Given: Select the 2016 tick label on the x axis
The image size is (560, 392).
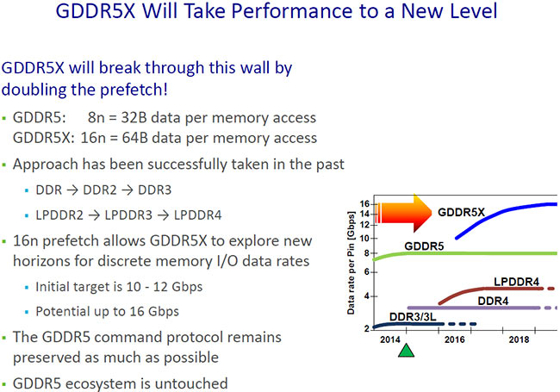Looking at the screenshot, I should coord(456,340).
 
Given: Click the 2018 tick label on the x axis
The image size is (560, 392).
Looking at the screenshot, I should coord(519,340).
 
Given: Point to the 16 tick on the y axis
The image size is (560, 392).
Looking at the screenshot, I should coord(364,204).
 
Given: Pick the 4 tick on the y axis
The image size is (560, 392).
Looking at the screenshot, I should coord(367,296).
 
